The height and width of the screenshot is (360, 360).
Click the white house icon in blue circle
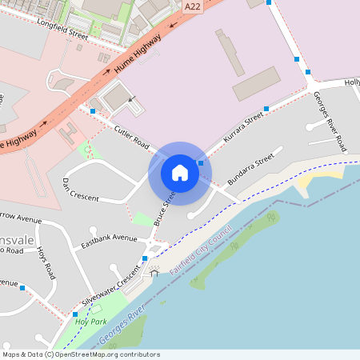180,172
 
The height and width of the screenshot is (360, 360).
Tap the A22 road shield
192,6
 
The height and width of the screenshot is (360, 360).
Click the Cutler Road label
131,138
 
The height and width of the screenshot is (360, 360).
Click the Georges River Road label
329,121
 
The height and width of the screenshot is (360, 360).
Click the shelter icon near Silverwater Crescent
154,273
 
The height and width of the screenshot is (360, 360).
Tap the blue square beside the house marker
201,163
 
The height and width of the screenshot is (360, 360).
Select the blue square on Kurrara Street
266,109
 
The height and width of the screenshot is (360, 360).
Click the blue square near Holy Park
75,314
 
